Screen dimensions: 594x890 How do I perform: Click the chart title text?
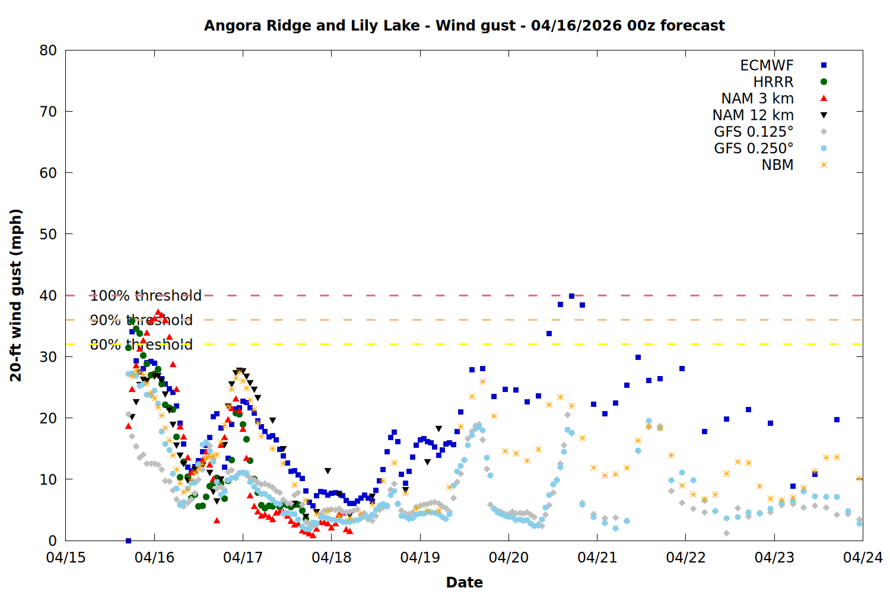pos(464,26)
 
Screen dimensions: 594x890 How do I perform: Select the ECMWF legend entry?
pos(767,65)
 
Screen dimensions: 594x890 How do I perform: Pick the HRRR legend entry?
pos(773,82)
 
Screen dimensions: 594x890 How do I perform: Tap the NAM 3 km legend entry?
pos(757,99)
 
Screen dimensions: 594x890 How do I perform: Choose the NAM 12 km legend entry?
pos(753,115)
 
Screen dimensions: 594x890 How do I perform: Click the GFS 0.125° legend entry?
pos(754,132)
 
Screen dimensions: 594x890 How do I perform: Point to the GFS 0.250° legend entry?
pos(754,148)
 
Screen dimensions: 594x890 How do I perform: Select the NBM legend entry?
pos(777,165)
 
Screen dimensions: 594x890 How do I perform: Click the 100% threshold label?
pos(145,295)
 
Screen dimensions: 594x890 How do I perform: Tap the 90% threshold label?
pos(141,320)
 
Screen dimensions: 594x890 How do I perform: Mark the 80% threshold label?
pos(141,345)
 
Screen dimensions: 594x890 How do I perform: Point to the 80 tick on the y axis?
pos(49,50)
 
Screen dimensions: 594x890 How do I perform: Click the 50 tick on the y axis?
pos(49,234)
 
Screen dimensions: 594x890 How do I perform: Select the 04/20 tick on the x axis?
pos(508,558)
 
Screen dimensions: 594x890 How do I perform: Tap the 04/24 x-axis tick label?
pos(863,558)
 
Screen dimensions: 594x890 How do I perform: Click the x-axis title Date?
pos(464,582)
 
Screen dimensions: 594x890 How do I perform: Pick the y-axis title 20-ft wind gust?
pos(16,295)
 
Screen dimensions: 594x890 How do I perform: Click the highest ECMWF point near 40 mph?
pos(571,296)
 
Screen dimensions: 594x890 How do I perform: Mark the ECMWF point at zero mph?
pos(128,541)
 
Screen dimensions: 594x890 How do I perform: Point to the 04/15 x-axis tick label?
pos(66,558)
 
